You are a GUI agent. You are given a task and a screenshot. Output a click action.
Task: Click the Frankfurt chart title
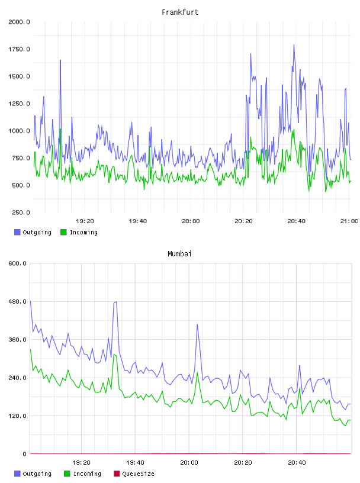180,12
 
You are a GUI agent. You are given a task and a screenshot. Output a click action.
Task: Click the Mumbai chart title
179,254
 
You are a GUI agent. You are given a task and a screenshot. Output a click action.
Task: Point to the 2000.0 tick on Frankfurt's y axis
19,22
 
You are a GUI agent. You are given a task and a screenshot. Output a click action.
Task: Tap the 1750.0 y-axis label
19,49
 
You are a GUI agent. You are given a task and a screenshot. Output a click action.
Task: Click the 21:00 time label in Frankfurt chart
349,221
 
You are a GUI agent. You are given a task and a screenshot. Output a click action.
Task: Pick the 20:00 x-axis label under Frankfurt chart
191,221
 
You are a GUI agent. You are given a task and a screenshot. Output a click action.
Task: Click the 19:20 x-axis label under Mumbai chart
81,463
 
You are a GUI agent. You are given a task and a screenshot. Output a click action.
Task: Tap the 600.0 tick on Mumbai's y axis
17,263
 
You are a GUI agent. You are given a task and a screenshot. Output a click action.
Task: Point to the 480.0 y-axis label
17,301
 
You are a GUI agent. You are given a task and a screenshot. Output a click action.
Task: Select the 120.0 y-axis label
17,416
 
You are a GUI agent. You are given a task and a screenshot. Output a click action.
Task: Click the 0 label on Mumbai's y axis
24,454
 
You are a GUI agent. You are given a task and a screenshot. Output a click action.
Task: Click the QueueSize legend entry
134,474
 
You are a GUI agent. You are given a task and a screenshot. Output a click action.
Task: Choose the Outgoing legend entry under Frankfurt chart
33,232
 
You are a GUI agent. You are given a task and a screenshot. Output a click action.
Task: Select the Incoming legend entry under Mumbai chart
82,474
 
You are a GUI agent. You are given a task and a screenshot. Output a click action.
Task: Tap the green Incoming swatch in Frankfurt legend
63,232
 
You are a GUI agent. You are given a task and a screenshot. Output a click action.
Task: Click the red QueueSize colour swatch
117,474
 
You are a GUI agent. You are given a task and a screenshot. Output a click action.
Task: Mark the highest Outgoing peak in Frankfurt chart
294,45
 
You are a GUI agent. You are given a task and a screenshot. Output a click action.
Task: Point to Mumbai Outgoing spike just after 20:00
197,324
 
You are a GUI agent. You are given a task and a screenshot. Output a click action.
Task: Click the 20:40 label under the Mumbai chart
297,463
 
